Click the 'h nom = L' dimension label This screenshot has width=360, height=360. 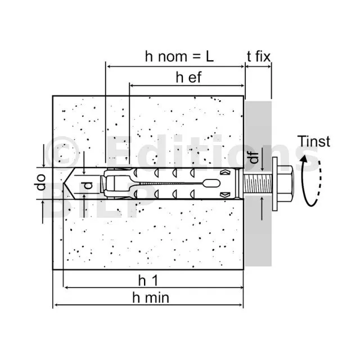pyautogui.click(x=179, y=56)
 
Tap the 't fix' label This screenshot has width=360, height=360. pyautogui.click(x=259, y=56)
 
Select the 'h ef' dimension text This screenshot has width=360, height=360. pyautogui.click(x=189, y=78)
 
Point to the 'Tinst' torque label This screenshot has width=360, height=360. pyautogui.click(x=314, y=141)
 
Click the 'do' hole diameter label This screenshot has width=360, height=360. pyautogui.click(x=41, y=182)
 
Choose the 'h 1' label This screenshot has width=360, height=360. pyautogui.click(x=148, y=280)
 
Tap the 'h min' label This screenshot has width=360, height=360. pyautogui.click(x=151, y=298)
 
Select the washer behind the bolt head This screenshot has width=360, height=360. pyautogui.click(x=275, y=184)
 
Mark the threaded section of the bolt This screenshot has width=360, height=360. pyautogui.click(x=258, y=183)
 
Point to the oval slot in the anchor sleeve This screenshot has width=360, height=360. pyautogui.click(x=211, y=183)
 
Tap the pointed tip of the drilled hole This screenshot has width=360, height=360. pyautogui.click(x=64, y=183)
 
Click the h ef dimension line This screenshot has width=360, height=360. pyautogui.click(x=187, y=85)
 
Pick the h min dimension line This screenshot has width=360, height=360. pyautogui.click(x=148, y=305)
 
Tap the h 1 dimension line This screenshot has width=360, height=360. pyautogui.click(x=154, y=287)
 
